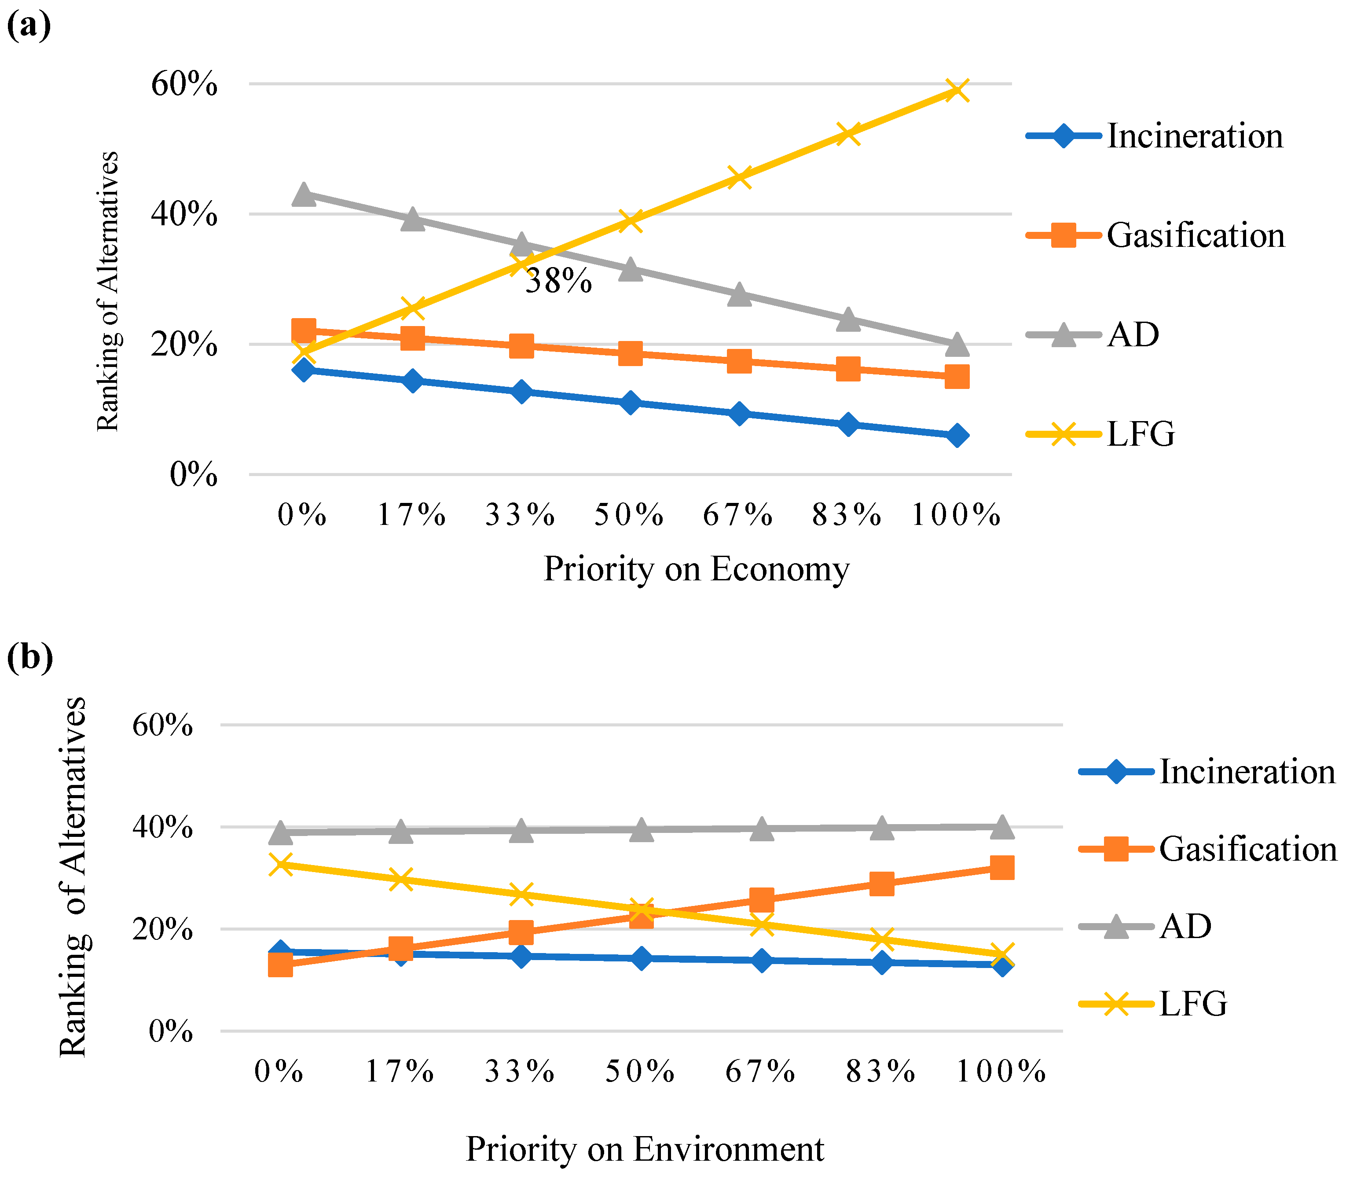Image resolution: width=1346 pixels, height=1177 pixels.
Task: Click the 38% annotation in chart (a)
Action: pos(558,281)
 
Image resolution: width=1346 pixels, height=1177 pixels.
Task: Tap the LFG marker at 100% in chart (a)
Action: pos(957,91)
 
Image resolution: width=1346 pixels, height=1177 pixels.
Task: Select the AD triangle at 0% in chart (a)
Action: pos(304,194)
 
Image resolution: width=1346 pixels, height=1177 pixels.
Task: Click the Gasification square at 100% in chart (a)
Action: pos(957,377)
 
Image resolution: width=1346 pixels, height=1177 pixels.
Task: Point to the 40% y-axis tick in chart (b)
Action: pos(162,827)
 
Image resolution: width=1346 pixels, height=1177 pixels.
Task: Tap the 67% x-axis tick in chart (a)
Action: pos(738,514)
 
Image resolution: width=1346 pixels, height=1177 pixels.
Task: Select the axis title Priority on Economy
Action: pos(696,569)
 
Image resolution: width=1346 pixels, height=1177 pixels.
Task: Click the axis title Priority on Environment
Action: pos(645,1149)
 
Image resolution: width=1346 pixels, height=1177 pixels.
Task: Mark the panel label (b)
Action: pos(29,657)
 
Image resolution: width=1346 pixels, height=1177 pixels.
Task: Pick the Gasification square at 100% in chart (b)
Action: pos(1001,868)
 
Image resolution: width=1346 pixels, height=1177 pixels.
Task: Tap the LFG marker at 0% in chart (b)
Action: pos(280,864)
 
